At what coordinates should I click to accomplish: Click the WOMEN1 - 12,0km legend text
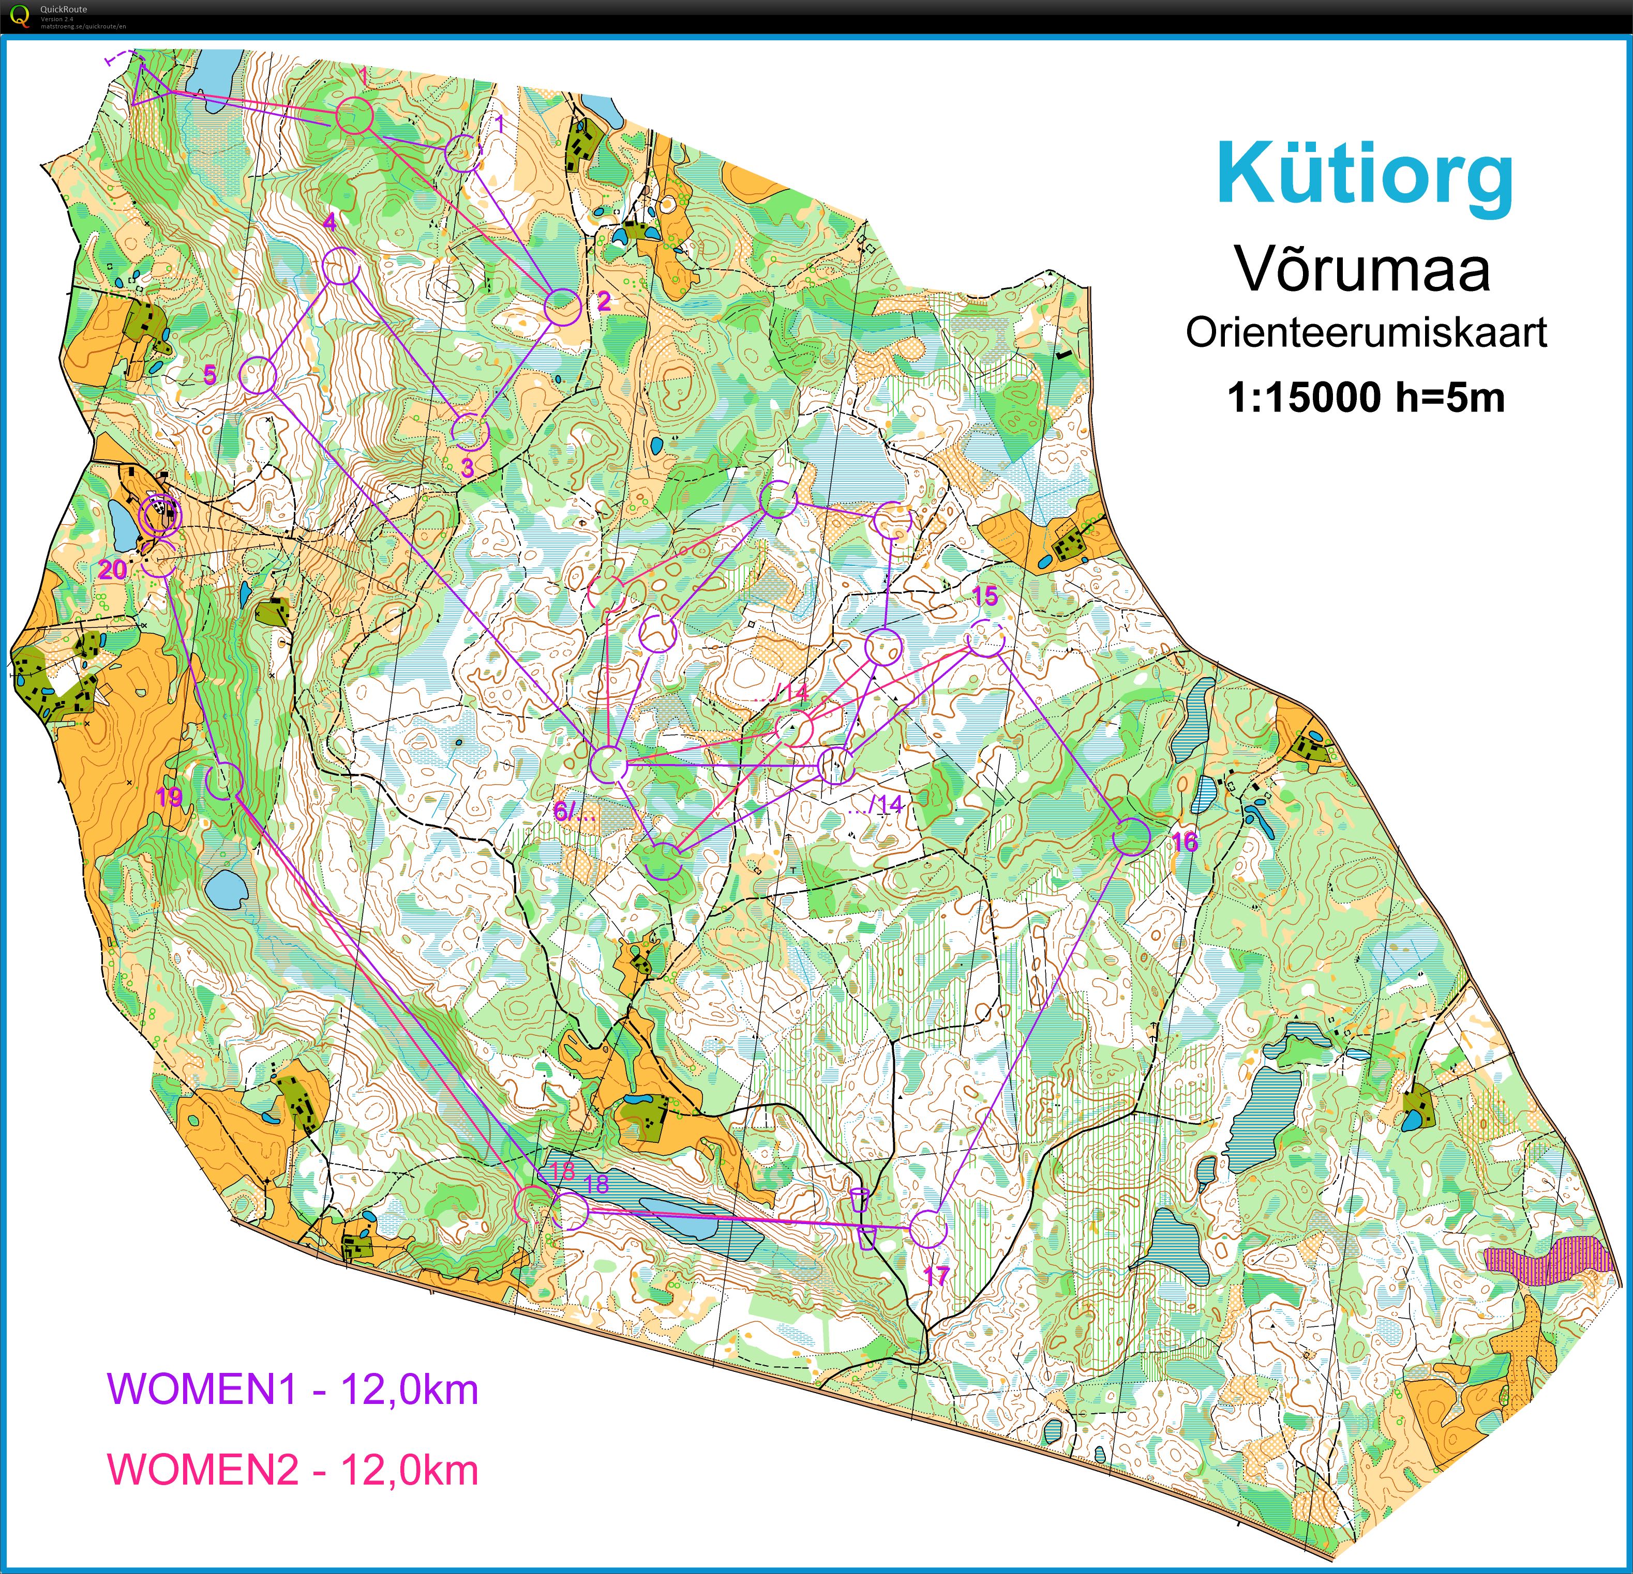293,1388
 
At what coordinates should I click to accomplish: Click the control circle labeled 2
562,307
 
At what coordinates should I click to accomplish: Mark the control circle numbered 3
468,431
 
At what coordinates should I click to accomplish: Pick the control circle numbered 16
1131,837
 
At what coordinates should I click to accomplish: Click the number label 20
112,570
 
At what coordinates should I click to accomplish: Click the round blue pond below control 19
226,890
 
